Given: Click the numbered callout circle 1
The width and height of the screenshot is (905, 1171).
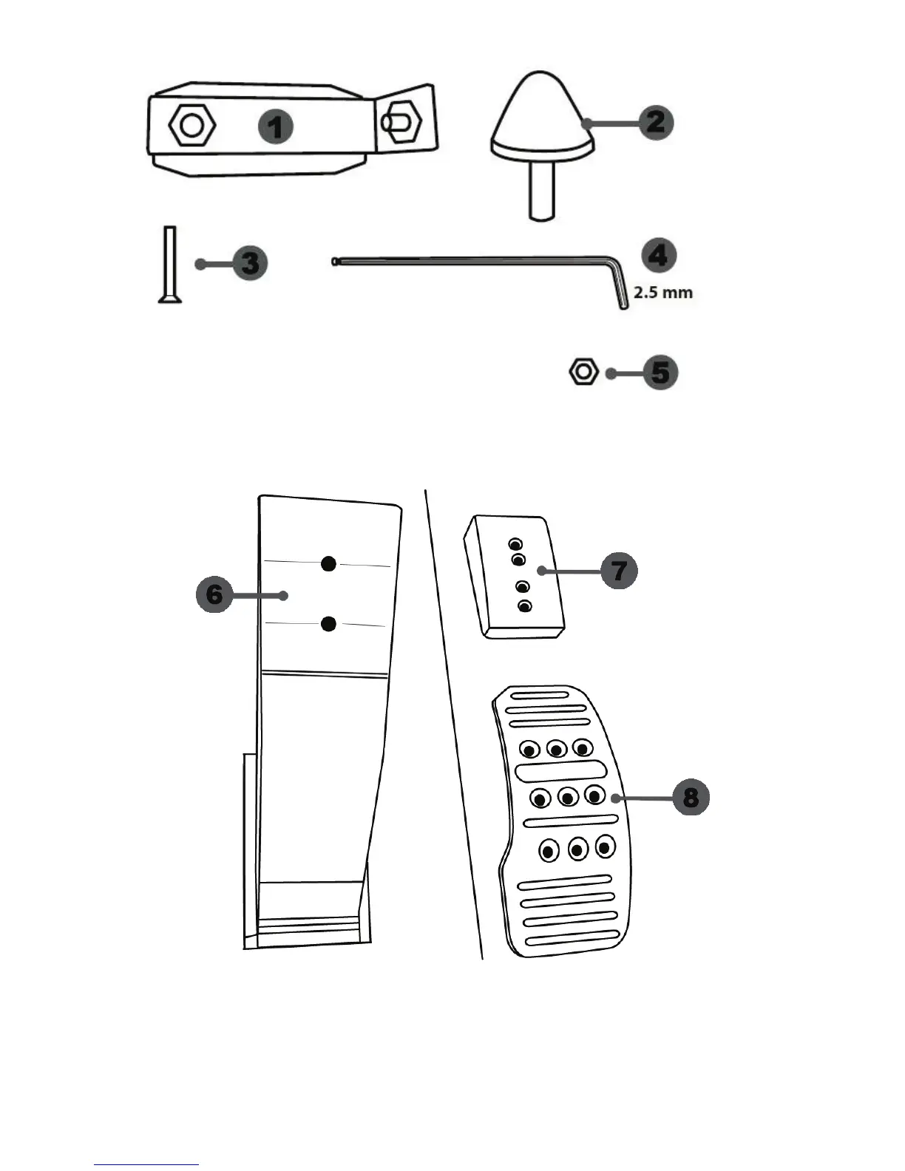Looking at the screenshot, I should [275, 127].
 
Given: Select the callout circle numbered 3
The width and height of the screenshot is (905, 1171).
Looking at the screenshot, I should [250, 263].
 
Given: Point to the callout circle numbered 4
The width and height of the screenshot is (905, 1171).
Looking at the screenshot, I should [657, 255].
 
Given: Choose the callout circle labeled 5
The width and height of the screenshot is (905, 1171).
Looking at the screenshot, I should [660, 373].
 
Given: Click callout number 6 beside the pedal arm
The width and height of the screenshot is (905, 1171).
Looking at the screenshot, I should [214, 594].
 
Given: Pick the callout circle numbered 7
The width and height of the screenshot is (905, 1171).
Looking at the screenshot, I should [619, 570].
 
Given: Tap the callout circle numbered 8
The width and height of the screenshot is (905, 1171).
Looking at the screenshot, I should [691, 798].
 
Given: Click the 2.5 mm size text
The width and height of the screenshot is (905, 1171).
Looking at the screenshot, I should [663, 292].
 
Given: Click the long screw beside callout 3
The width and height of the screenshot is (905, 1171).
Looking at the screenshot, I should [168, 264].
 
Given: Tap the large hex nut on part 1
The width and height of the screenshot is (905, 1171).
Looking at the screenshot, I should [192, 126].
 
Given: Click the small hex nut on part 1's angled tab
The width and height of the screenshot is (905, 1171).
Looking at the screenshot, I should [400, 121].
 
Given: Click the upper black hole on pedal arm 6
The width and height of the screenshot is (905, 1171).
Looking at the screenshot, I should [329, 564].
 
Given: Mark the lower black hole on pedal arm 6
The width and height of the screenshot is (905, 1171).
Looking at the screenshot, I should [329, 625].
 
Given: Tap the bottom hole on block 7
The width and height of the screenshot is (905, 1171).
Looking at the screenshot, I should [525, 606].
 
